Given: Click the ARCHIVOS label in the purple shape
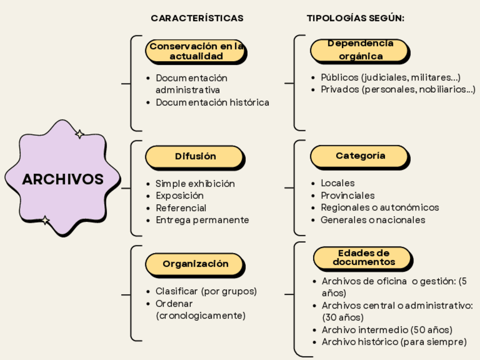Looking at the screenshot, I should click(63, 179).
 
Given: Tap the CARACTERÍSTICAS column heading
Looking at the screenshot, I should click(197, 18).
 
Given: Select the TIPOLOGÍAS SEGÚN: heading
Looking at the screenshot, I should click(355, 18).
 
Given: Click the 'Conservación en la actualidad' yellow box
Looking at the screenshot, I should click(195, 51).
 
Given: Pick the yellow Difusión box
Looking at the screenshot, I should click(195, 156).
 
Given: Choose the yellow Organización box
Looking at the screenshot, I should click(195, 264).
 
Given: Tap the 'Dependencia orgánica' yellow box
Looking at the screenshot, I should click(360, 50).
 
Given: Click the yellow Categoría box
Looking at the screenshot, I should click(360, 156).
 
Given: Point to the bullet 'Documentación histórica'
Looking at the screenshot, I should click(212, 102).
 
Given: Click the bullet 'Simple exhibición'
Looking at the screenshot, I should click(195, 183).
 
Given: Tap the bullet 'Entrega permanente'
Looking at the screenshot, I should click(202, 220).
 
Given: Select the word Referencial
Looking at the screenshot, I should click(181, 208).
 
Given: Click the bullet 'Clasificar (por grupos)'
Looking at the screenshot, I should click(206, 291).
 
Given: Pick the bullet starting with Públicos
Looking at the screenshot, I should click(390, 77).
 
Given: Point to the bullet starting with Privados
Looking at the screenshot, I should click(397, 89).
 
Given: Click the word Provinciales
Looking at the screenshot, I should click(348, 195).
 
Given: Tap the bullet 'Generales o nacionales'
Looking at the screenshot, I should click(372, 220).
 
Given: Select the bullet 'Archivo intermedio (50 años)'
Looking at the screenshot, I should click(387, 329).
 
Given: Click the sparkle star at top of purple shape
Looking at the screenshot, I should click(80, 134).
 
